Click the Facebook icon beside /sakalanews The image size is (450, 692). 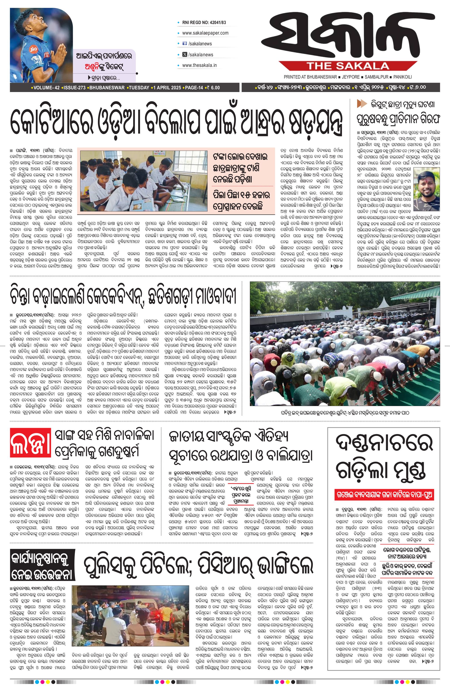pyautogui.click(x=184, y=44)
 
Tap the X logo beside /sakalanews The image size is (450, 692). pyautogui.click(x=184, y=54)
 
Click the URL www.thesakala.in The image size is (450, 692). pyautogui.click(x=199, y=65)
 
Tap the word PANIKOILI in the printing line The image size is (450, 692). pyautogui.click(x=403, y=77)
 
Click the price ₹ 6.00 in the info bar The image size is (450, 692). pyautogui.click(x=214, y=88)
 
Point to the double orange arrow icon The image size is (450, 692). pyautogui.click(x=362, y=103)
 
